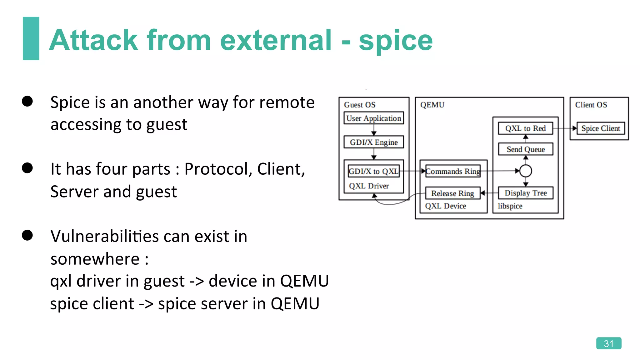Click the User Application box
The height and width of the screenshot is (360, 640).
(373, 118)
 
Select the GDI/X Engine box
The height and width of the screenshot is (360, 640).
(373, 142)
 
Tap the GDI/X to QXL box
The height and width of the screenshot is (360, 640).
(373, 171)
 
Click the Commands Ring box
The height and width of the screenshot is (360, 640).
(453, 171)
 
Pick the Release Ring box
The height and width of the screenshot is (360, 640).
(452, 193)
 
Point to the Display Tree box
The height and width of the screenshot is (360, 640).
(526, 193)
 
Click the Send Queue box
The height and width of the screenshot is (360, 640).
(526, 149)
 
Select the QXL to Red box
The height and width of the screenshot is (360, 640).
(525, 128)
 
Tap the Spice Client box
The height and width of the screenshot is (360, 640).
(600, 128)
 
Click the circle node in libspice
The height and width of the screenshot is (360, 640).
(526, 171)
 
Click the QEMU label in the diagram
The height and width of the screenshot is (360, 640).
(432, 105)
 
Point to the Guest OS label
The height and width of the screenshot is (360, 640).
(360, 105)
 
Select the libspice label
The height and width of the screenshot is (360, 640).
(510, 206)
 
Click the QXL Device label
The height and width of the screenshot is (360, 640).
(445, 206)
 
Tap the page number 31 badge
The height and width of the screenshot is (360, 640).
(608, 343)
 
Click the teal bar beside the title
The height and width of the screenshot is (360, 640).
(31, 38)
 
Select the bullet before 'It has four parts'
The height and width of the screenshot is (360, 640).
(27, 168)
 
